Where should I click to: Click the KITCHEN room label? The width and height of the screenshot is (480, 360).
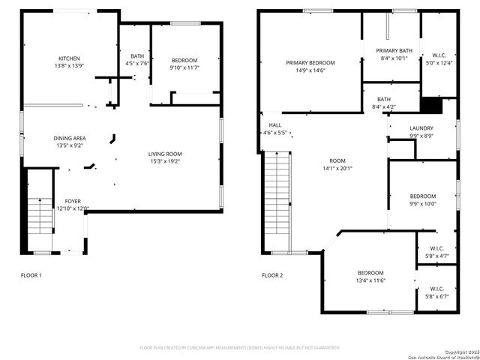(69, 58)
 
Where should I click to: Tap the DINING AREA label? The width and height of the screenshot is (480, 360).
(69, 138)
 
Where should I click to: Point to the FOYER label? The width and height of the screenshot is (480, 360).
(73, 201)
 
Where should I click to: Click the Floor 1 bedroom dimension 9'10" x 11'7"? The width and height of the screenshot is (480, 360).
(184, 67)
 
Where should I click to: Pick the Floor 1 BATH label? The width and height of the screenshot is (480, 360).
(137, 56)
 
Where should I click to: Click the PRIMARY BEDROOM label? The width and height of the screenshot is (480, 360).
(310, 63)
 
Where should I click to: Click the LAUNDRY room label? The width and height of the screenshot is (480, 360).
(421, 128)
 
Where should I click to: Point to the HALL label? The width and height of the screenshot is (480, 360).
(275, 125)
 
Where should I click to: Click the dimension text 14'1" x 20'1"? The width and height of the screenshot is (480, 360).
(337, 168)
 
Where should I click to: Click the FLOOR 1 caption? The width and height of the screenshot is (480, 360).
(31, 275)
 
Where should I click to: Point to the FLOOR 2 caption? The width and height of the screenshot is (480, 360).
(272, 275)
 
